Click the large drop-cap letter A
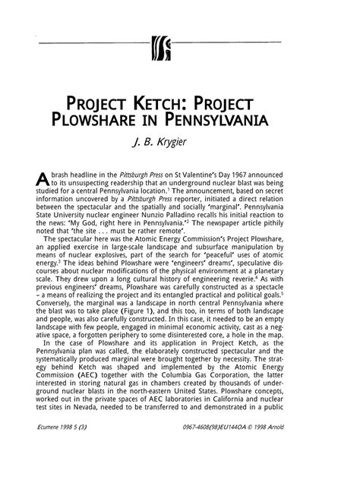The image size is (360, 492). pos(43,178)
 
